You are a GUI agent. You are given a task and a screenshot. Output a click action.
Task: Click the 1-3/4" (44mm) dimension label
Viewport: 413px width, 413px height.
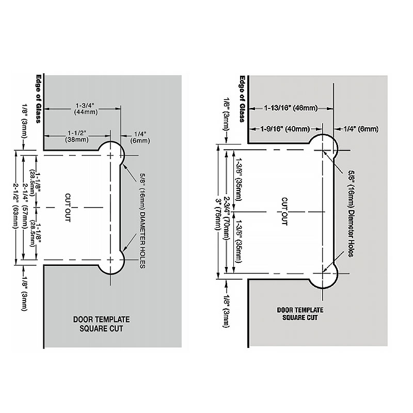[x=86, y=109]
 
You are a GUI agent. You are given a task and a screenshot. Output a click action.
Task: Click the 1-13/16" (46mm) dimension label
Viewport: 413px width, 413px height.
[x=291, y=108]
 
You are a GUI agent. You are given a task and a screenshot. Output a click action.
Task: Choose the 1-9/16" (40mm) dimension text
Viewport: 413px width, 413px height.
[x=285, y=129]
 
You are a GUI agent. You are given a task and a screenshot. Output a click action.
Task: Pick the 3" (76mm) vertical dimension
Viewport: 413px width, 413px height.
[x=218, y=214]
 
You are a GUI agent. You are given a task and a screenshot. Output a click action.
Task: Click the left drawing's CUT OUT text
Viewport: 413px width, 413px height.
[x=68, y=208]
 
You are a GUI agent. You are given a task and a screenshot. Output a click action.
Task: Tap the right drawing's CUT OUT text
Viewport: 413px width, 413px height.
[x=284, y=212]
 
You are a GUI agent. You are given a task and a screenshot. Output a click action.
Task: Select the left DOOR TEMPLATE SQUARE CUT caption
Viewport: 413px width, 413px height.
[x=101, y=324]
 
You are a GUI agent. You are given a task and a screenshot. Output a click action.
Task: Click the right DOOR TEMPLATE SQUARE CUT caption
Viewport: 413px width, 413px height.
[x=300, y=314]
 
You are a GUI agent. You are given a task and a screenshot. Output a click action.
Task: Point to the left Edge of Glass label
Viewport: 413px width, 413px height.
[x=38, y=99]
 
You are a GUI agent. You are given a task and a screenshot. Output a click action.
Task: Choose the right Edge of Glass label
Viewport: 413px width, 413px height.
[x=242, y=99]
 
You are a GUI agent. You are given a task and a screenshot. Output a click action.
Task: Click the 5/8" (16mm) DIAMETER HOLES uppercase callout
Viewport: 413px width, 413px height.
[x=142, y=221]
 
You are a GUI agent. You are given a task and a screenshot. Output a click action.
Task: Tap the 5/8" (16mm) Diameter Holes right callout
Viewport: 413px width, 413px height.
[x=351, y=213]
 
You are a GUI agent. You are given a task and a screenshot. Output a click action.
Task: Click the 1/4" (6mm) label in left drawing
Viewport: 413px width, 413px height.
[x=140, y=137]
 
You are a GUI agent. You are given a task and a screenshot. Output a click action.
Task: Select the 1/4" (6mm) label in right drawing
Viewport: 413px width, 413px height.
[x=360, y=129]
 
